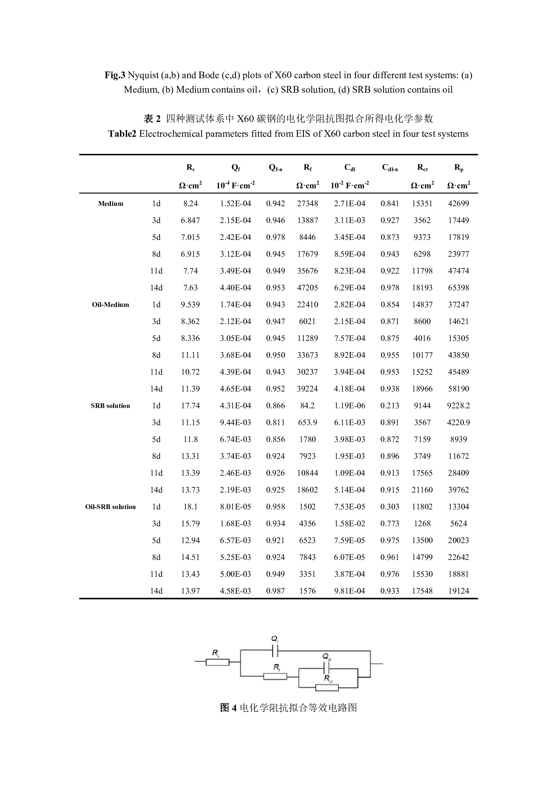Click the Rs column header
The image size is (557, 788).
[190, 167]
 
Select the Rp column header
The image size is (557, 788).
[459, 167]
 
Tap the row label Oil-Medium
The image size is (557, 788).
[111, 305]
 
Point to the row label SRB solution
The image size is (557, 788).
[111, 406]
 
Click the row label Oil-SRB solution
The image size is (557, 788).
[111, 507]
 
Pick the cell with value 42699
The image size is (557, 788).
[459, 203]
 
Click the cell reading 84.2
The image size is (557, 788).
[308, 406]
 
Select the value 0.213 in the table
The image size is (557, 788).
[390, 406]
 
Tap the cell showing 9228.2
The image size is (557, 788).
[459, 406]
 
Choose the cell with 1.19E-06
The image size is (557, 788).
[350, 406]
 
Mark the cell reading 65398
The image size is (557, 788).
[459, 288]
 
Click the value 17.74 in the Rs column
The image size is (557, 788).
[190, 406]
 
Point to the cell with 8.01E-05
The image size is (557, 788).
[236, 507]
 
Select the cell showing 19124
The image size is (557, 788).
[459, 591]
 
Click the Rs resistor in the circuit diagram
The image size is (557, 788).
[218, 662]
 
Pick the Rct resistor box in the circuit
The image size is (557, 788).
[327, 688]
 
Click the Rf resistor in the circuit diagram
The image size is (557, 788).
[275, 676]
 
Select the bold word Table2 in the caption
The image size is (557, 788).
[122, 134]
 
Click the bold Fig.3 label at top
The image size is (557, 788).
[115, 75]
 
